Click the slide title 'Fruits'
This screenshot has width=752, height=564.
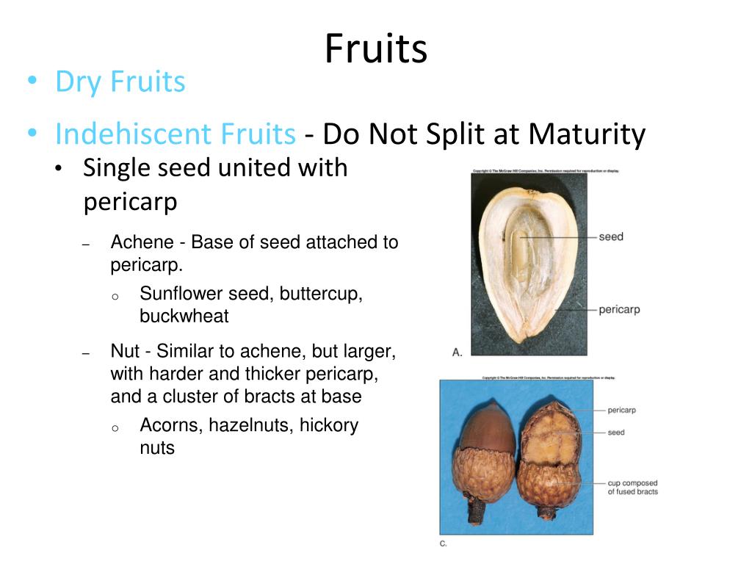pos(375,49)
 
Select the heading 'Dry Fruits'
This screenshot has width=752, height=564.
pos(120,82)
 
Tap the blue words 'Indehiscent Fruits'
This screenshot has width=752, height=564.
pos(175,134)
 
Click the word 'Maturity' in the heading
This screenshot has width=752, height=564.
pos(586,134)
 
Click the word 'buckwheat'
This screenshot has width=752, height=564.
pos(184,317)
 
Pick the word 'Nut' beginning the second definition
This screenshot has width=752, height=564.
pos(123,352)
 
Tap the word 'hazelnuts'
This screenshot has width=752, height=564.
pos(251,425)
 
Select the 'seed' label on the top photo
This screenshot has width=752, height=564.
pos(610,236)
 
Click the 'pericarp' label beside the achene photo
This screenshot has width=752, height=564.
pos(619,309)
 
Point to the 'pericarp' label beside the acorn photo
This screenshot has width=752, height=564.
pos(621,410)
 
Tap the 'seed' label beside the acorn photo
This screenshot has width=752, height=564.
pos(615,432)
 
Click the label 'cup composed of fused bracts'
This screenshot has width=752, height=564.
pos(632,488)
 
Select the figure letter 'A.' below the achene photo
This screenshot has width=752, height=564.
pos(457,352)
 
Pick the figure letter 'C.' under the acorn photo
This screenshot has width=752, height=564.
pos(443,543)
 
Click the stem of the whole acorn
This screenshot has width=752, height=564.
pos(473,511)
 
